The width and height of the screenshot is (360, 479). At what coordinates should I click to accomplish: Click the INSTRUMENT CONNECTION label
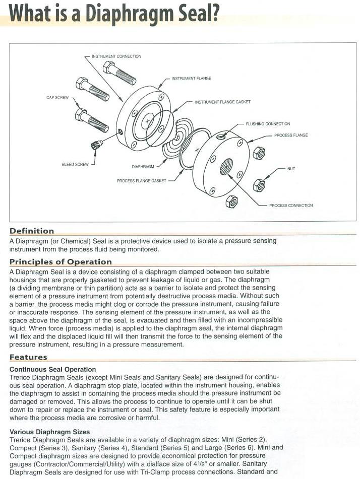[x=116, y=56]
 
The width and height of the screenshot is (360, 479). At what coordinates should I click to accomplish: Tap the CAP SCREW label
[x=57, y=97]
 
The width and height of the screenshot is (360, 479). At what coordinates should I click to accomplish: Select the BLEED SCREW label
[x=75, y=164]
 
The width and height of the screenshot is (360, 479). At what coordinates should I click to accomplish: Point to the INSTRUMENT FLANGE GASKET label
[x=222, y=102]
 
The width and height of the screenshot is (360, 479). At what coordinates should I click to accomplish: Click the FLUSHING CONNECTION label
[x=268, y=124]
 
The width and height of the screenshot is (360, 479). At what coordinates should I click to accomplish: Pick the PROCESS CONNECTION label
[x=291, y=206]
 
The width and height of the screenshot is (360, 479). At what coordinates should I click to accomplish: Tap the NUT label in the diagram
[x=291, y=169]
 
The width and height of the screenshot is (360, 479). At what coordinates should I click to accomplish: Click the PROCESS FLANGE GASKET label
[x=142, y=180]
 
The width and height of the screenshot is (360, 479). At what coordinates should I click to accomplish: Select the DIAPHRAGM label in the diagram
[x=143, y=166]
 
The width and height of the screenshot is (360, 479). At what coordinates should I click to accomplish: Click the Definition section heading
[x=32, y=231]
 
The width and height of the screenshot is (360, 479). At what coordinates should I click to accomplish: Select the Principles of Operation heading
[x=61, y=261]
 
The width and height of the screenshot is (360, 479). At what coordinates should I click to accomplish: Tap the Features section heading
[x=28, y=357]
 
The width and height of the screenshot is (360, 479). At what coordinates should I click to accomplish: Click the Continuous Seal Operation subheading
[x=52, y=369]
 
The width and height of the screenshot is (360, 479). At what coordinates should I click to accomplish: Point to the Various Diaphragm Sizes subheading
[x=50, y=432]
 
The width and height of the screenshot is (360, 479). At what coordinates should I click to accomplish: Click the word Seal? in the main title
[x=196, y=14]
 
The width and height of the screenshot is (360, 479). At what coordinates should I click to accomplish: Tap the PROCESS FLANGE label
[x=291, y=135]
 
